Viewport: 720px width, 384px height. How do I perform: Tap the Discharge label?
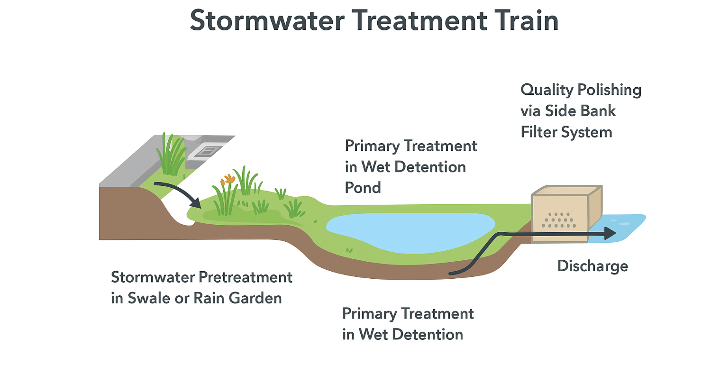coord(592,266)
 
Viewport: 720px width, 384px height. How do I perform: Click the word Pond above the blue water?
coord(363,188)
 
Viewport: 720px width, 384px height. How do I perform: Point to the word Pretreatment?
coord(246,277)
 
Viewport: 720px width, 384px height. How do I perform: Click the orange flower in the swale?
coord(228,179)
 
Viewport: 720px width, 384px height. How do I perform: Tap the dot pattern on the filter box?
coord(559,220)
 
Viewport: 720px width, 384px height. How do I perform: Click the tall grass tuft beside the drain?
coord(171,154)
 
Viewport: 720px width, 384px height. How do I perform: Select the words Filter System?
coord(566,132)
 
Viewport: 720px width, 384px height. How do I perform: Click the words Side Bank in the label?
coord(580,111)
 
